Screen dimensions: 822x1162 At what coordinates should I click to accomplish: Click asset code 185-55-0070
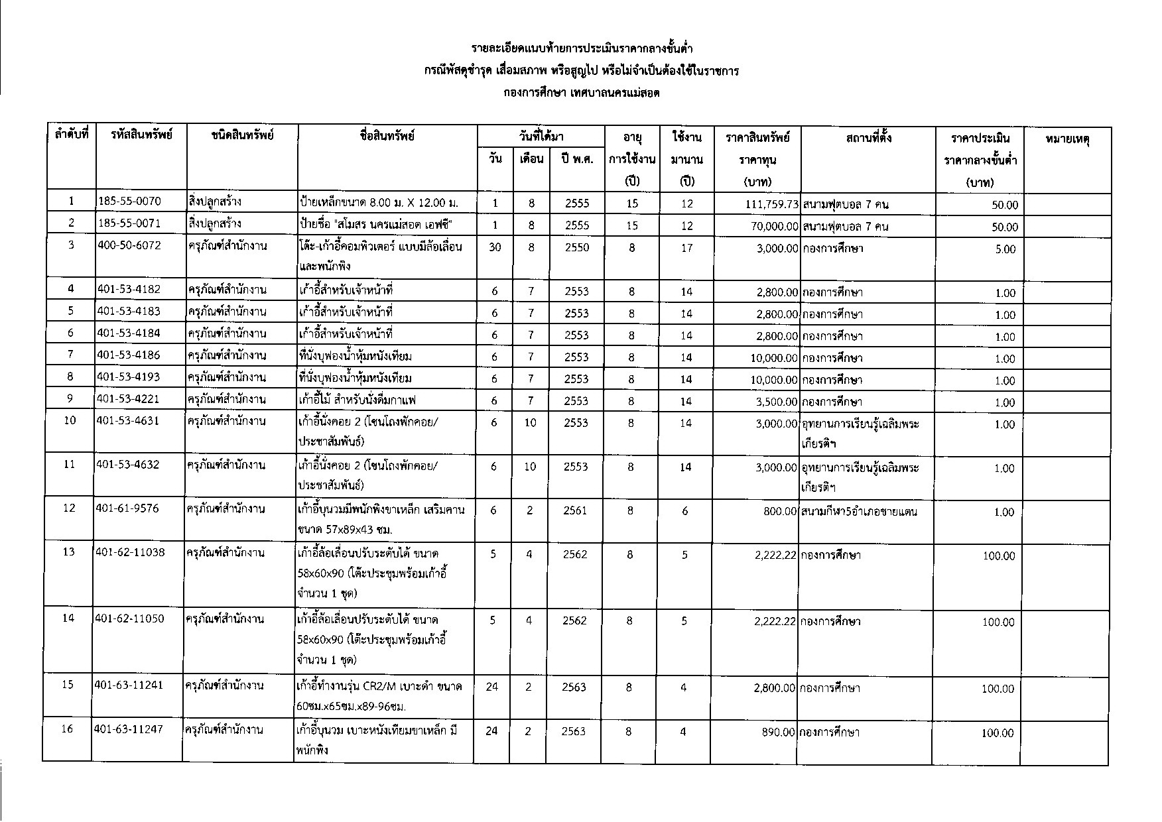pyautogui.click(x=129, y=202)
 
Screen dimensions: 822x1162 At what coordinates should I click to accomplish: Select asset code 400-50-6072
pyautogui.click(x=129, y=246)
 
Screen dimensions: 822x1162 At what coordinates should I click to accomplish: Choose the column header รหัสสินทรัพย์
pyautogui.click(x=142, y=137)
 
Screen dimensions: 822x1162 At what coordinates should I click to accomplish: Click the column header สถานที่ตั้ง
pyautogui.click(x=868, y=137)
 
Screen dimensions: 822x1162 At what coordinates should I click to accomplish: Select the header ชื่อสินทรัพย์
pyautogui.click(x=387, y=137)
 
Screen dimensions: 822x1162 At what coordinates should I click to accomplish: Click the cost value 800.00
pyautogui.click(x=780, y=511)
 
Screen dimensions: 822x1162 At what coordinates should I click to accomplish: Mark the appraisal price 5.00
pyautogui.click(x=1005, y=249)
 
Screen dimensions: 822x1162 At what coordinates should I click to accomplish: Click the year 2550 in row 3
pyautogui.click(x=577, y=247)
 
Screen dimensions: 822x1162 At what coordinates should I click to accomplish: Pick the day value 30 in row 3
pyautogui.click(x=495, y=247)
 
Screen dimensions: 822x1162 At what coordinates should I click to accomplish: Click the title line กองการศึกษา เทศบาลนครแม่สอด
pyautogui.click(x=581, y=93)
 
